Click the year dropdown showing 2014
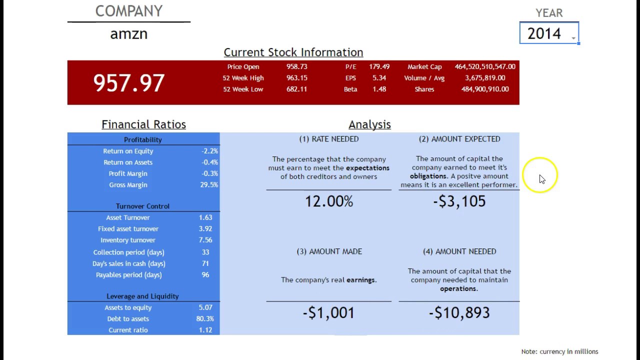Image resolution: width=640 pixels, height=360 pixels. click(548, 33)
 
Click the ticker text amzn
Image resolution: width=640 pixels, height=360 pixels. click(128, 34)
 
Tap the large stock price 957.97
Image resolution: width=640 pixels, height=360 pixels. click(129, 83)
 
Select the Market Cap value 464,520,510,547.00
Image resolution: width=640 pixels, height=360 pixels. click(484, 66)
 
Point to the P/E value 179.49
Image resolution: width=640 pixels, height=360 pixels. click(379, 66)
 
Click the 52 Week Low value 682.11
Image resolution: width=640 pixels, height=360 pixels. click(296, 89)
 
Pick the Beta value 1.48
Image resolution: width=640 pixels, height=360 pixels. click(379, 89)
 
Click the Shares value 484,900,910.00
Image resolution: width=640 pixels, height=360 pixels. click(484, 89)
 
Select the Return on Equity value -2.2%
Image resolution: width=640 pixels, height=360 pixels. click(209, 151)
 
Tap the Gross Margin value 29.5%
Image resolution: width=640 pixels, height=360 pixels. click(209, 184)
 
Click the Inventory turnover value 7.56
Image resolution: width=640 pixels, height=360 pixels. click(205, 240)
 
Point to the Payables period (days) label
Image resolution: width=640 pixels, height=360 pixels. click(128, 275)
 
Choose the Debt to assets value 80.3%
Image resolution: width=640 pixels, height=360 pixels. click(205, 318)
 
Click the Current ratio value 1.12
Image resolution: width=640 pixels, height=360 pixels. click(205, 330)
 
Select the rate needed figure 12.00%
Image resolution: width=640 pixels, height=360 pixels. click(329, 201)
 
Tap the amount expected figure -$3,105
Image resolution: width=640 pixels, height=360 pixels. click(459, 201)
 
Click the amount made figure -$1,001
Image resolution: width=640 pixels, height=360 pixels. click(328, 313)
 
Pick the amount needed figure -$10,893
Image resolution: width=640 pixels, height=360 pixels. click(459, 313)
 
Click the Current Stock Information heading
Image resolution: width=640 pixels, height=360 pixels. click(293, 52)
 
